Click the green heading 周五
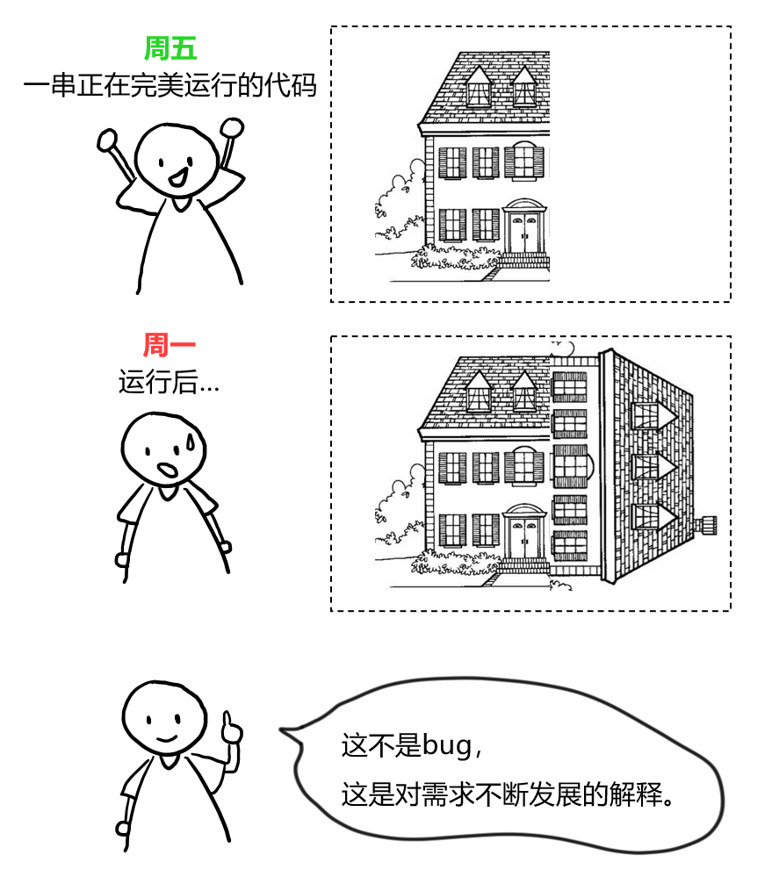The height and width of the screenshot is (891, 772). [x=170, y=47]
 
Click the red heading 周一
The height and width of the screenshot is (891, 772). [x=170, y=345]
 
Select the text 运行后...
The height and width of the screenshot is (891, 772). [x=159, y=384]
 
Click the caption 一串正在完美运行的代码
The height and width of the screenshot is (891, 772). [x=170, y=87]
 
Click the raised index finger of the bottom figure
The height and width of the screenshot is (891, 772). [x=229, y=722]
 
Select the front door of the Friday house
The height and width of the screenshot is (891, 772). [x=524, y=232]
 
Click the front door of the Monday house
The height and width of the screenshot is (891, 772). [x=525, y=536]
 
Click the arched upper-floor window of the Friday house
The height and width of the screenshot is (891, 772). [x=523, y=160]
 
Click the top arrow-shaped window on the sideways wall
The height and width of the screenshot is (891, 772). [x=652, y=414]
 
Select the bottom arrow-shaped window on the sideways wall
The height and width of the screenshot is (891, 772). [x=652, y=516]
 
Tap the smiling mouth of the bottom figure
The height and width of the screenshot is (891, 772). [x=163, y=738]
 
